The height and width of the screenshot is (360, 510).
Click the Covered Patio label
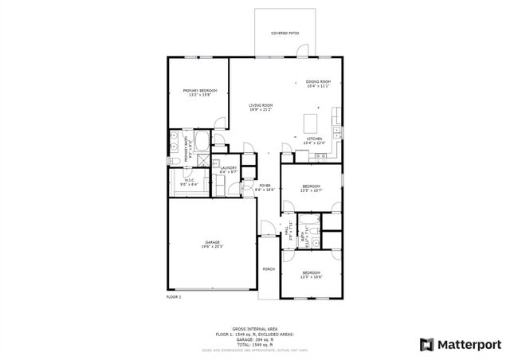(284, 33)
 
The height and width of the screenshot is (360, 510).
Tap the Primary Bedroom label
(200, 92)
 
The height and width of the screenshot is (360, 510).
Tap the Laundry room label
(229, 169)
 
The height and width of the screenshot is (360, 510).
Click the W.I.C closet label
(189, 181)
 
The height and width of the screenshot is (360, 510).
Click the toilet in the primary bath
(175, 162)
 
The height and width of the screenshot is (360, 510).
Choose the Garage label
(212, 243)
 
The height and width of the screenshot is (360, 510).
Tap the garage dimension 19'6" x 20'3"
(212, 248)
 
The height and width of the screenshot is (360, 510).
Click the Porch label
(269, 269)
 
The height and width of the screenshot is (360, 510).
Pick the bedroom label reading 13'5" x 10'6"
(311, 276)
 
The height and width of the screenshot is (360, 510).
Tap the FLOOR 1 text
(174, 296)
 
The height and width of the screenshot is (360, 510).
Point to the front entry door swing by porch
(269, 230)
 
